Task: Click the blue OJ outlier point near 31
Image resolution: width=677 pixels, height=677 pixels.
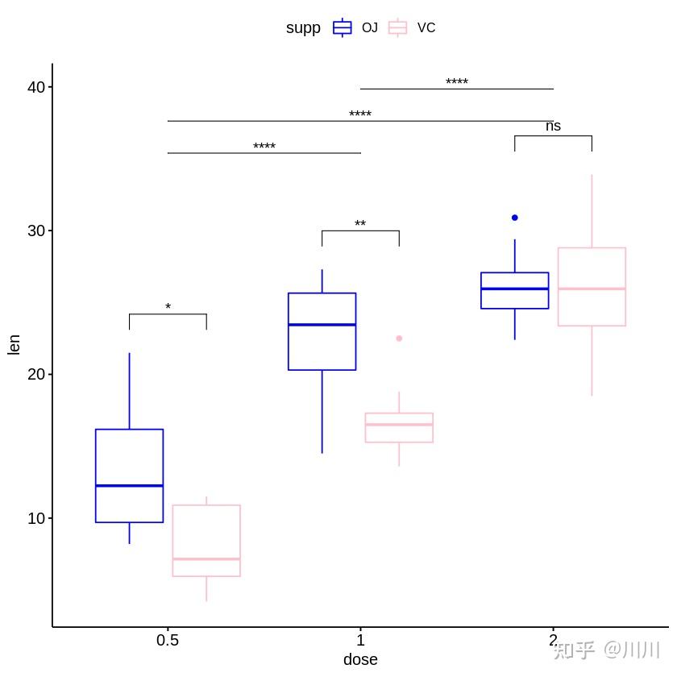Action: tap(515, 218)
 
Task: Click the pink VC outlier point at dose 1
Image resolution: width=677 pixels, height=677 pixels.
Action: tap(399, 338)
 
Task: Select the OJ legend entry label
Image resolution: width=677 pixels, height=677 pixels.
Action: tap(369, 27)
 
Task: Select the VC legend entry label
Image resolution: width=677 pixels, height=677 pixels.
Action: tap(426, 27)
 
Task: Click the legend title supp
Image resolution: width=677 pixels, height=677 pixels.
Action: tap(303, 27)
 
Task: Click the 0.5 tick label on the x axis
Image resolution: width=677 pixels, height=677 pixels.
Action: tap(168, 641)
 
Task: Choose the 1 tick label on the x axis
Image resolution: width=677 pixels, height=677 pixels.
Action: tap(360, 641)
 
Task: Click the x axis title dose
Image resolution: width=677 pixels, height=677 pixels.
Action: tap(360, 660)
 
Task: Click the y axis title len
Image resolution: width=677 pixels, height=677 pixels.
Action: tap(14, 344)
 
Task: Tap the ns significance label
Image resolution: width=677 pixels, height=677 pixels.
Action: tap(553, 127)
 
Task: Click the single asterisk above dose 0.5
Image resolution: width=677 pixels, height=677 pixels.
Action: tap(168, 307)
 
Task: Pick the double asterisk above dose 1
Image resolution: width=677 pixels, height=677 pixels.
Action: tap(360, 224)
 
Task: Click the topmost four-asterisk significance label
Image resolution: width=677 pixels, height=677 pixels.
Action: tap(457, 82)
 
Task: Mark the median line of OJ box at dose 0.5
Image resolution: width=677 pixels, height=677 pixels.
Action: tap(129, 485)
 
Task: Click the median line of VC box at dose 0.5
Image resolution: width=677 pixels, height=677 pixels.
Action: tap(206, 559)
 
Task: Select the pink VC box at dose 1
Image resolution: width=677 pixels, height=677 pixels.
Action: tap(399, 428)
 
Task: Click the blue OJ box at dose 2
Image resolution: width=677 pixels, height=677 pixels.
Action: tap(515, 290)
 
